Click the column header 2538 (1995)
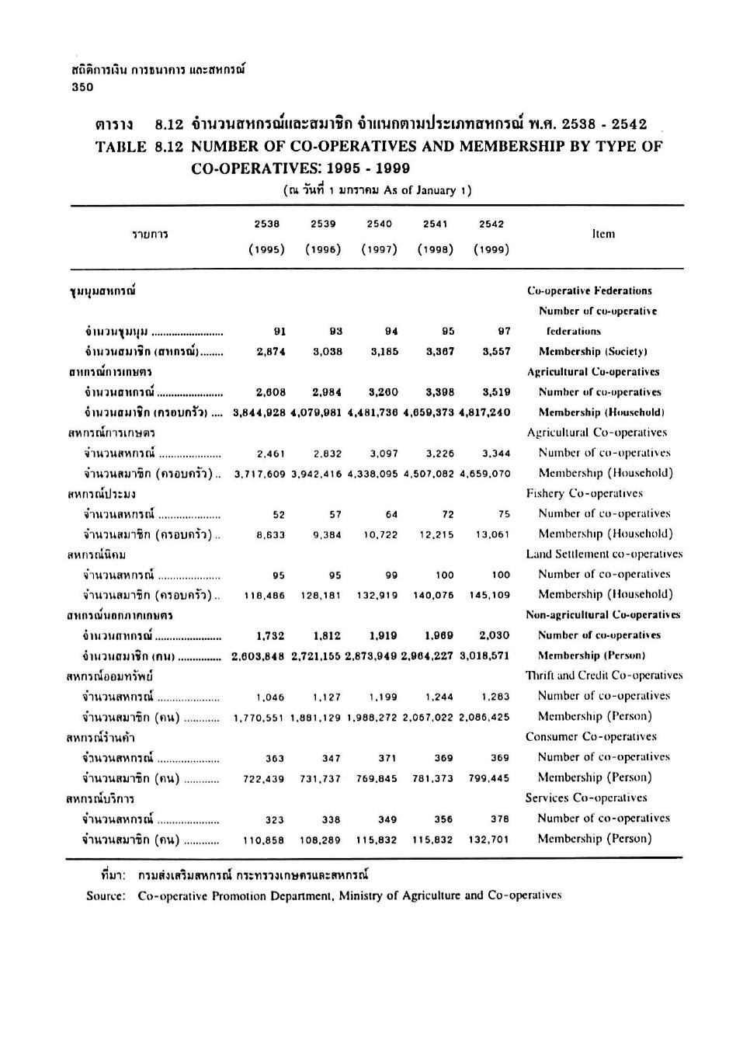click(266, 236)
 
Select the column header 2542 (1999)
click(491, 236)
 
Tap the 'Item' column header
click(603, 234)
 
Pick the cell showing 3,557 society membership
click(496, 351)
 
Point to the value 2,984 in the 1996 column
click(327, 392)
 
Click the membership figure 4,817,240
click(484, 412)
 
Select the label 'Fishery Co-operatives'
click(584, 493)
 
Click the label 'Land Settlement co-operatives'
click(604, 554)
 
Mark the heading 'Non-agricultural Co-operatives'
click(602, 614)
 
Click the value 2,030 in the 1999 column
click(495, 635)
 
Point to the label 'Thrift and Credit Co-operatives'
click(604, 676)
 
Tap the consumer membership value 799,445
click(489, 778)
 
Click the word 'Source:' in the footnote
click(106, 895)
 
